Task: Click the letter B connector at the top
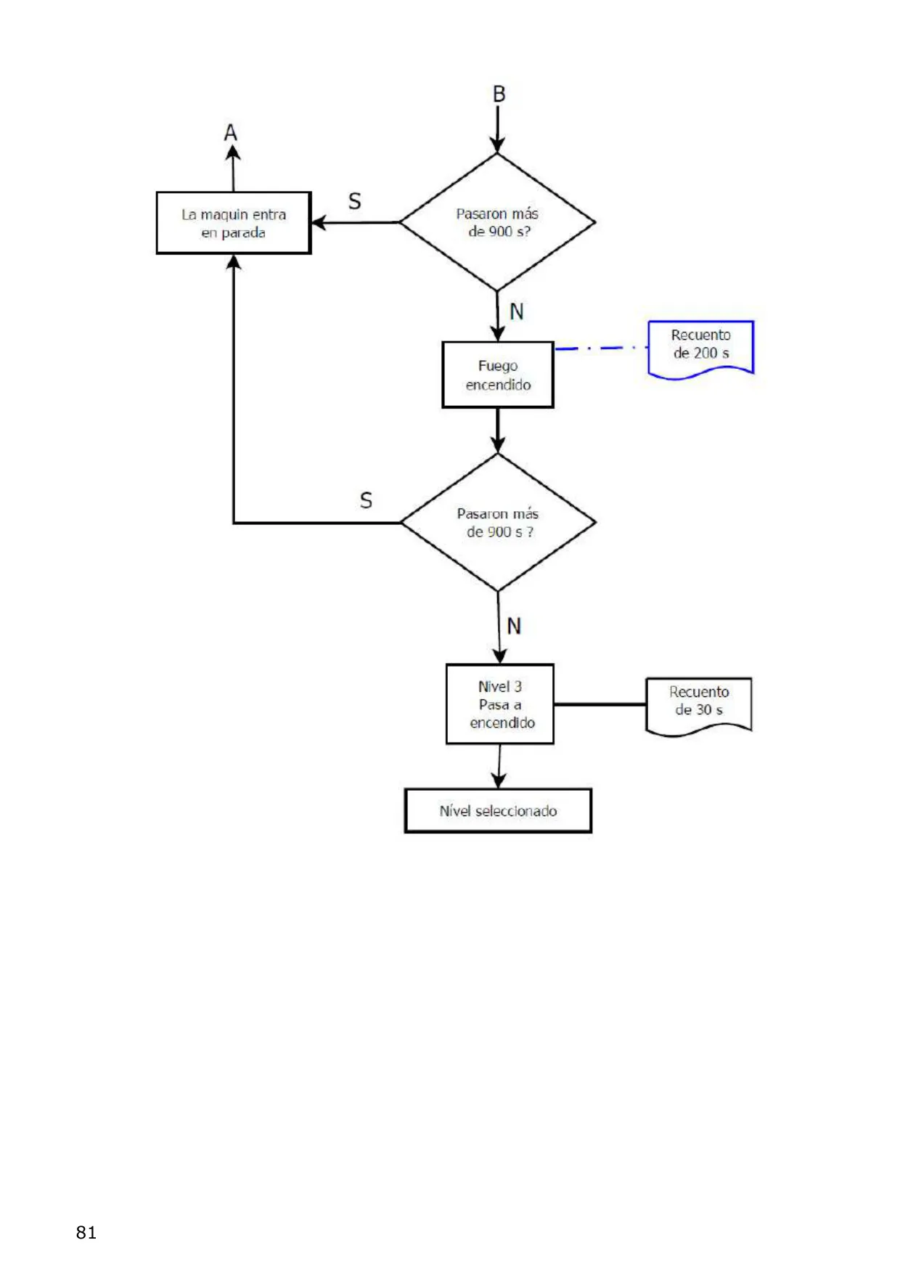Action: point(499,94)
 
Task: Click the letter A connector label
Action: point(231,133)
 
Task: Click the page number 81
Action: point(86,1232)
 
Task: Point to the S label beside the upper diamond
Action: point(355,201)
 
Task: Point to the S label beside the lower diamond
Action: point(367,500)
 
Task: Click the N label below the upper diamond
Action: point(517,311)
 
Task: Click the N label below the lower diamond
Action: point(515,626)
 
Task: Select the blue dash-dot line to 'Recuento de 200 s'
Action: point(601,348)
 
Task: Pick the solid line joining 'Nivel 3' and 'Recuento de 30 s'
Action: point(600,704)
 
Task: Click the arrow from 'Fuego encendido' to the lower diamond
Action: point(498,431)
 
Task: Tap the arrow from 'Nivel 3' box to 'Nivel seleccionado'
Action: point(499,767)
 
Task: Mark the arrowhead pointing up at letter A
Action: point(233,152)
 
